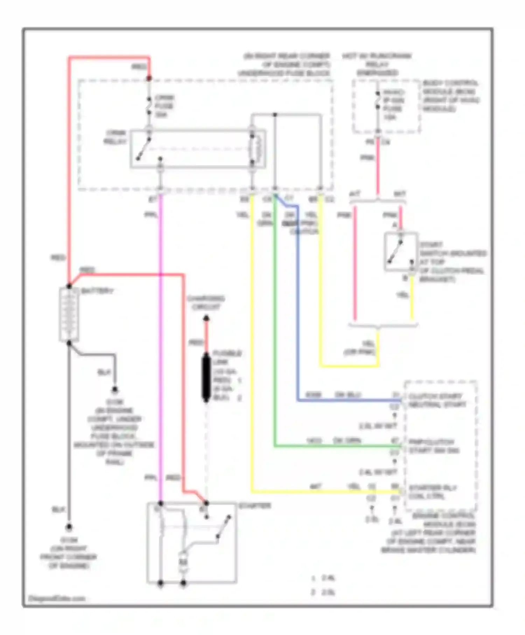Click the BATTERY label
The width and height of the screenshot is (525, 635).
[x=97, y=291]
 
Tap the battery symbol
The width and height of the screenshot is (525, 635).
[x=69, y=314]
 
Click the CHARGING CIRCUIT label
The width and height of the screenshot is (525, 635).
[x=206, y=303]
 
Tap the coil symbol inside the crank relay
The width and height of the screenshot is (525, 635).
[x=258, y=149]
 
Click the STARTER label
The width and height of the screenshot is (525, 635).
[x=254, y=506]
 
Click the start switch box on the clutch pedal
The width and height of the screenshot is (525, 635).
[x=401, y=252]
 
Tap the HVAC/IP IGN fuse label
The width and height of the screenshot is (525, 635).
[x=394, y=104]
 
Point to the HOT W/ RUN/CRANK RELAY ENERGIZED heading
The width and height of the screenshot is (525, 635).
[x=377, y=64]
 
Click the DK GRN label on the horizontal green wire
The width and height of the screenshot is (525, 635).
[x=347, y=440]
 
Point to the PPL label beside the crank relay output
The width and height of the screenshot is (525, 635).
[x=151, y=214]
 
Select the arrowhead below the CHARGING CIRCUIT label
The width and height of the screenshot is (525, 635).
[x=206, y=318]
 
